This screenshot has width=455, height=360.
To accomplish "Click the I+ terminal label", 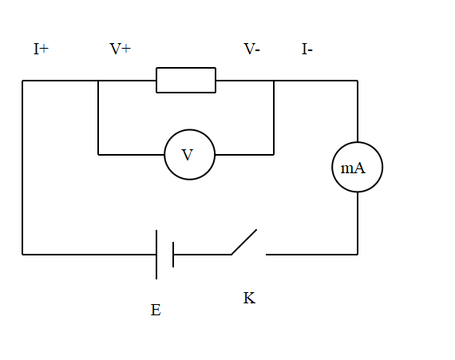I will pos(41,49).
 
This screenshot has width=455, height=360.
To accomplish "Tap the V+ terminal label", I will pos(120,49).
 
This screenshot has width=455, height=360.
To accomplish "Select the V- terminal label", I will pos(251,49).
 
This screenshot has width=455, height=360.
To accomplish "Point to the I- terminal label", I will pos(307,49).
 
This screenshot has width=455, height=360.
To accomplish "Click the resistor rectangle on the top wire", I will pos(186,81).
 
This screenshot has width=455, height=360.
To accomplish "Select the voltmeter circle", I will pos(189,155).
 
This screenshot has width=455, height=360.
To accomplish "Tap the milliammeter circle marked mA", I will pos(357,168).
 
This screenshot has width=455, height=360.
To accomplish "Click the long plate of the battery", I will pos(156,255).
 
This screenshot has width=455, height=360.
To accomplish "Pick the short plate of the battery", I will pos(173,255).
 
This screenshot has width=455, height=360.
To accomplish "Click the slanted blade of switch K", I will pos(244,243).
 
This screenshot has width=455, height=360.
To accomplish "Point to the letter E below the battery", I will pos(156,310).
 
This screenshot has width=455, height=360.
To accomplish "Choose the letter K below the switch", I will pos(249,299).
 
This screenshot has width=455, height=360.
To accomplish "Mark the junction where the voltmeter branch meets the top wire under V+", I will pos(98,81).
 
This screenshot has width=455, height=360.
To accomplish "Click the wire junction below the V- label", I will pos(274,81).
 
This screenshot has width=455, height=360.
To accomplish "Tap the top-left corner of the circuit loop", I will pos(22,81).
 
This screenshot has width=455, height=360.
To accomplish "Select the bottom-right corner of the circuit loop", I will pos(358,255).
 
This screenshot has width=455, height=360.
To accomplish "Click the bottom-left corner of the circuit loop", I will pos(22,255).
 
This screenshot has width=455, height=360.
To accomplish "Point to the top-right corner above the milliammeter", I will pos(358,81).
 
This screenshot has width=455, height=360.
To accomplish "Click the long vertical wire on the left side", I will pos(22,168).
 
